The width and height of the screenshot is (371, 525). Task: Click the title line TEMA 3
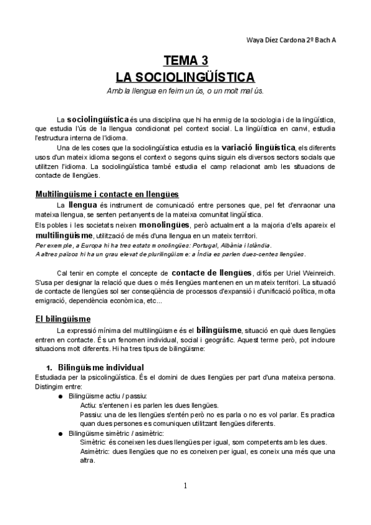click(185, 61)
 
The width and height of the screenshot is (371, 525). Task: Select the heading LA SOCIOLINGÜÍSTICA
click(185, 77)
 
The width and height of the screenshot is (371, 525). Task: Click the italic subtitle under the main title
click(185, 91)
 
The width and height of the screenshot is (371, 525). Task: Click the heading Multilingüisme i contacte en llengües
click(107, 194)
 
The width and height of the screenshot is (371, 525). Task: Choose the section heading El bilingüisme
click(63, 319)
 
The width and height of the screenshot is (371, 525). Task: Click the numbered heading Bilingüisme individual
click(109, 367)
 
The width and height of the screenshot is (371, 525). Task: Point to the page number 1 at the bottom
click(185, 485)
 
